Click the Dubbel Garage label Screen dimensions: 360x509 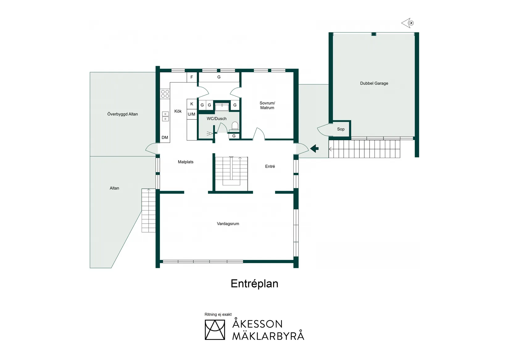(374, 83)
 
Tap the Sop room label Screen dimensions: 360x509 (341, 129)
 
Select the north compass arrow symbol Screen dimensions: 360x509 (408, 23)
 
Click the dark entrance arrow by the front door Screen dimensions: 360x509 (314, 149)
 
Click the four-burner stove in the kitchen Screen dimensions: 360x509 (165, 94)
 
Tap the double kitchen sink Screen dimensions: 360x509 (165, 116)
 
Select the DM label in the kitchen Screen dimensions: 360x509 (165, 137)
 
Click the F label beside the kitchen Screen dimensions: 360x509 (192, 77)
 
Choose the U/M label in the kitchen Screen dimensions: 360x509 (191, 114)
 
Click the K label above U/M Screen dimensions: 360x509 (192, 104)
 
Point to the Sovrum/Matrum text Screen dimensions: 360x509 (267, 105)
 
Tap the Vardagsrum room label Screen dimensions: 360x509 (228, 224)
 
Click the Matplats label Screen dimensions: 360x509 (185, 162)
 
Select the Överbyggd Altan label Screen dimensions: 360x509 (122, 114)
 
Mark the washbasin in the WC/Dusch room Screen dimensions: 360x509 (222, 107)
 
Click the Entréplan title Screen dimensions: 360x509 (254, 284)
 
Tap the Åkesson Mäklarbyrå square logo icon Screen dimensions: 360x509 (215, 330)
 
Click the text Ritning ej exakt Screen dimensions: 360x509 (218, 314)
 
